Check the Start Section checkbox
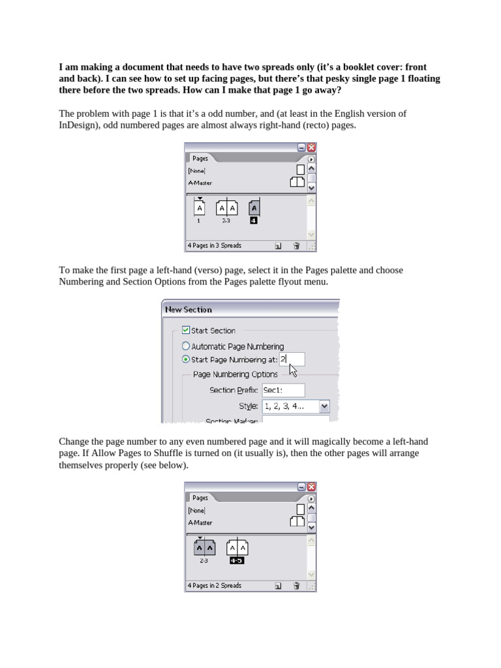(186, 330)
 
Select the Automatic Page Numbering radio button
(186, 346)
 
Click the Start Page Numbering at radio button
(186, 359)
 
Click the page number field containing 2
(292, 359)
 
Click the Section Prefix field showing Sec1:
(282, 390)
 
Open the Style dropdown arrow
(324, 406)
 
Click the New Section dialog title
(189, 309)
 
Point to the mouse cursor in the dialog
(292, 370)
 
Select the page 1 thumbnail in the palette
(199, 208)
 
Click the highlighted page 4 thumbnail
(254, 208)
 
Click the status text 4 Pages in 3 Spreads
(215, 246)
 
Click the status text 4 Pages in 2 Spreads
(215, 586)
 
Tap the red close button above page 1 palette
(311, 147)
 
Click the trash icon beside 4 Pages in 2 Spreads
(296, 586)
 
